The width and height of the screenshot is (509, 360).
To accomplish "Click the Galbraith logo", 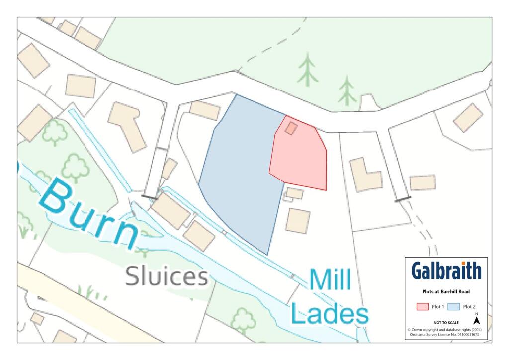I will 446,271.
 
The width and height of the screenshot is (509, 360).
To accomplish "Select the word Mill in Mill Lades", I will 330,280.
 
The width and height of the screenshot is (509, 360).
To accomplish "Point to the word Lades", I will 330,313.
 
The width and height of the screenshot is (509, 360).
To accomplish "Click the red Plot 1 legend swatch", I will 422,307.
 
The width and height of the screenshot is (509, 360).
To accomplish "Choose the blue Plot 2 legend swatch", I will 454,307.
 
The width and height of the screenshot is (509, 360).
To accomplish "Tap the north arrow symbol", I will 477,321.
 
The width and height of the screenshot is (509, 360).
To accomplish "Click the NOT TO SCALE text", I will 446,323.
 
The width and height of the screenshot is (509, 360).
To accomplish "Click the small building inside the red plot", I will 291,128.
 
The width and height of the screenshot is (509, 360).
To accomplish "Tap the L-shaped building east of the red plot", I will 366,175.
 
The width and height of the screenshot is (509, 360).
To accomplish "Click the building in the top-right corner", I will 468,118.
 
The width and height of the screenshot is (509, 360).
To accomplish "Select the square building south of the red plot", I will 298,220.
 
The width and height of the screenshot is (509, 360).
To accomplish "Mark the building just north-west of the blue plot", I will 205,110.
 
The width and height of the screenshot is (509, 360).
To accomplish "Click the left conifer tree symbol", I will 308,69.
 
